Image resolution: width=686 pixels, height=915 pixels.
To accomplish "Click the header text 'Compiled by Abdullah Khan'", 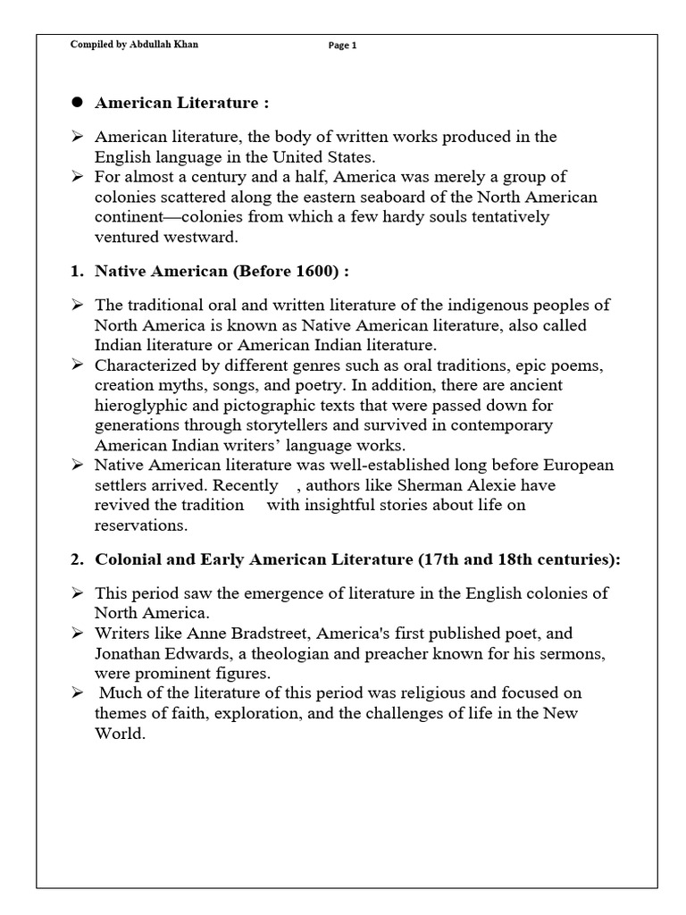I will pos(134,46).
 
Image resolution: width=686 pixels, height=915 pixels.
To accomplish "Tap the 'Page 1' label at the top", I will pos(342,46).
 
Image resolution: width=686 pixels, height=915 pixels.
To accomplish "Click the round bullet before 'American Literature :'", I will pos(77,103).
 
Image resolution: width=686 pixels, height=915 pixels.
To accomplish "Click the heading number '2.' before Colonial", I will pos(78,559).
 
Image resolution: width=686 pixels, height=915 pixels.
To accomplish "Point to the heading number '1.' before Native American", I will pos(78,271).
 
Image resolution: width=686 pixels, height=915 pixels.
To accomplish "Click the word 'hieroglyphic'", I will pos(138,405).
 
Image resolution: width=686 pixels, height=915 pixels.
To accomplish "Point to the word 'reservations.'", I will pos(141,525).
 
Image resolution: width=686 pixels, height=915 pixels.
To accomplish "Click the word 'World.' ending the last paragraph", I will pos(119,733).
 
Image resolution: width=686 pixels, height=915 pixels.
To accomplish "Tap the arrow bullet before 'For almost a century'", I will pos(78,176).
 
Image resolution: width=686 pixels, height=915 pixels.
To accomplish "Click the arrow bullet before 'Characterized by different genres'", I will pos(78,365).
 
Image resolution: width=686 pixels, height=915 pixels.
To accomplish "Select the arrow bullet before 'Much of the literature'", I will pos(78,693).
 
